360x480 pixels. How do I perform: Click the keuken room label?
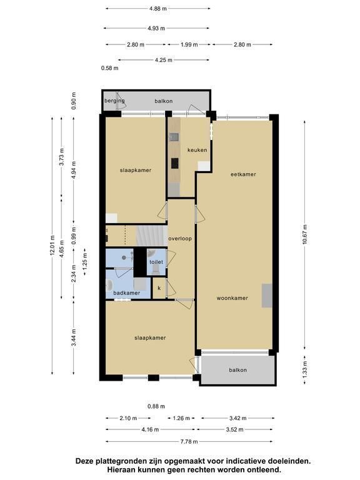point(197,150)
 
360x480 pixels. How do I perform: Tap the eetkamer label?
point(243,174)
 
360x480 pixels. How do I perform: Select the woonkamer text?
point(232,298)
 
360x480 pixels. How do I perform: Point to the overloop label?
point(180,239)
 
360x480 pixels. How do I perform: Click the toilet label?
point(156,262)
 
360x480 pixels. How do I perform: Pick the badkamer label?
point(127,293)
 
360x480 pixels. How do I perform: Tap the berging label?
point(114,101)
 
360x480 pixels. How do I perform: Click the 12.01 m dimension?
point(52,245)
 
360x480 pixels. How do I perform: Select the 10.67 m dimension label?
point(304,235)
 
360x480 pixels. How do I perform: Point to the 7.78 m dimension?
point(189,441)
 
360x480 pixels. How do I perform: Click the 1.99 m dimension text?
point(189,44)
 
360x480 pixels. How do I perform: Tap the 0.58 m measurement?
point(109,68)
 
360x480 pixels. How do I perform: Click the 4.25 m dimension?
point(164,60)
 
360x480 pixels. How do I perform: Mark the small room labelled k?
point(159,287)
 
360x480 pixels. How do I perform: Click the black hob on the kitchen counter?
point(175,163)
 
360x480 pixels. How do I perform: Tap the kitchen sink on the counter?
point(174,137)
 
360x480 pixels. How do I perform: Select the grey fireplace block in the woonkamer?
point(267,296)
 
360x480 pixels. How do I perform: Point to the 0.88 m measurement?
point(156,406)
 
